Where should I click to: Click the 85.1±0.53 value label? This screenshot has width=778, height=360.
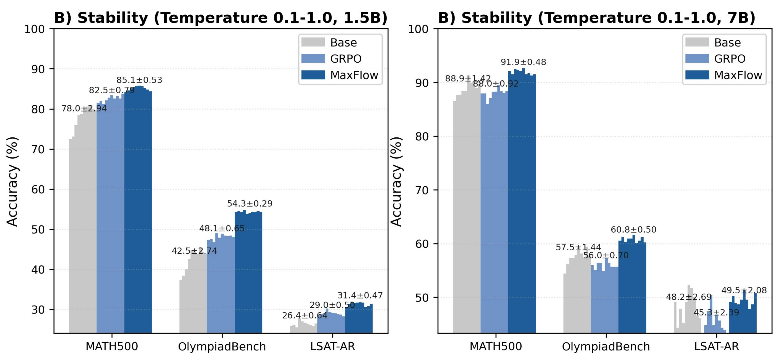coord(139,80)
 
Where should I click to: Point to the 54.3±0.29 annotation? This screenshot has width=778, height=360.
coord(250,203)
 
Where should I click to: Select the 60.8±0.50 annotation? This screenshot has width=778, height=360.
coord(633,229)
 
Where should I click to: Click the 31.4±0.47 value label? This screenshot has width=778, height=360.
coord(360,295)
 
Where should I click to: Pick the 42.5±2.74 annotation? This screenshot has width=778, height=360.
coord(195,251)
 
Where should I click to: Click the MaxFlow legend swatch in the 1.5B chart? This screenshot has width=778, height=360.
coord(313,75)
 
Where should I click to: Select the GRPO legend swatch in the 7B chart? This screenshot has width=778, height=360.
coord(697,59)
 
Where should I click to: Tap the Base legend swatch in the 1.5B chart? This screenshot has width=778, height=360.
coord(313,42)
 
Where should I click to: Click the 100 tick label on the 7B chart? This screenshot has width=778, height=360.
coord(418,29)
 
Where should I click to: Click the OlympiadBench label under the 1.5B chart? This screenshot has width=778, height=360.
coord(222,346)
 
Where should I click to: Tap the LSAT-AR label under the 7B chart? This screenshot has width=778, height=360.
coord(716,346)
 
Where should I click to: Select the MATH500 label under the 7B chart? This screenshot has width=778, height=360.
coord(496,346)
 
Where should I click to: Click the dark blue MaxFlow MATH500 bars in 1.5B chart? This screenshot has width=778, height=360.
coord(138,211)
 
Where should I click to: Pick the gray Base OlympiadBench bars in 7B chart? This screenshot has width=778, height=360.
coord(577,296)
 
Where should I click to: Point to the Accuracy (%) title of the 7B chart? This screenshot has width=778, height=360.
coord(396,181)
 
